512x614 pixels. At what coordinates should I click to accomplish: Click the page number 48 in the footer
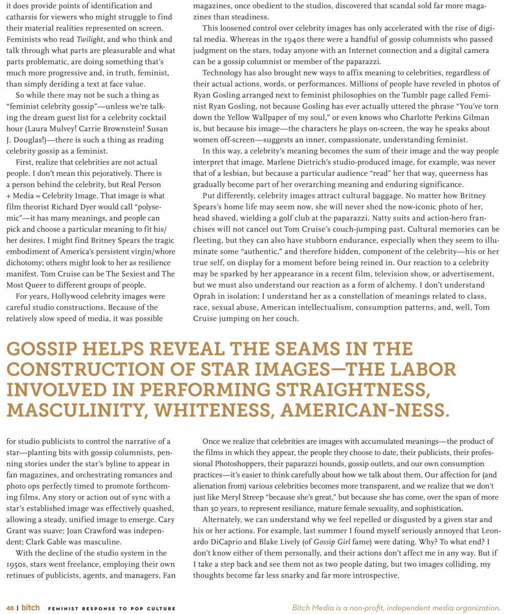click(x=10, y=608)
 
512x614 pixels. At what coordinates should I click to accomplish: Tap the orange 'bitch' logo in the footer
click(x=30, y=608)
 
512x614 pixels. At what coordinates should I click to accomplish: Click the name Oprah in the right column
click(x=205, y=296)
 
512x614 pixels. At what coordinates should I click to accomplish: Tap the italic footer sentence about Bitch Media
click(x=396, y=608)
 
